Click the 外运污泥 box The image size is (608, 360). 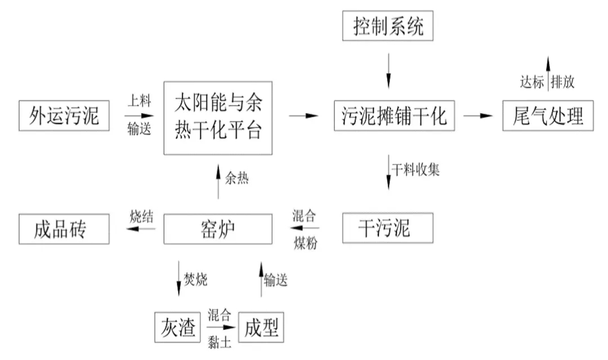(x=64, y=116)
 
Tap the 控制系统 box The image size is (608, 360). (x=388, y=26)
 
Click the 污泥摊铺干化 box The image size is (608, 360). (x=394, y=116)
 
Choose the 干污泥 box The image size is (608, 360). (x=387, y=228)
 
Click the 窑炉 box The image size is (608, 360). (x=217, y=229)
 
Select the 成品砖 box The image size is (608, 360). (x=64, y=229)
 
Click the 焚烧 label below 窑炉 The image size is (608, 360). (x=196, y=280)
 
